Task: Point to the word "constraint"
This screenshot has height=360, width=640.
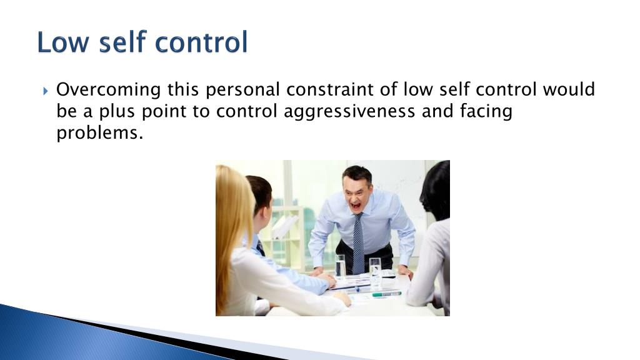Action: coord(331,90)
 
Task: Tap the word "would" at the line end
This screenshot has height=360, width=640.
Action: coord(568,90)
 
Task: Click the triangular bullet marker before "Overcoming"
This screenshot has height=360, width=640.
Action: coord(46,91)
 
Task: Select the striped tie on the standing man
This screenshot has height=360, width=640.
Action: coord(358,244)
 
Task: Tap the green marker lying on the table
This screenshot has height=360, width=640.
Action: coord(386,294)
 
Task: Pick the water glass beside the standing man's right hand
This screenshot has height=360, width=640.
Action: coord(340,266)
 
